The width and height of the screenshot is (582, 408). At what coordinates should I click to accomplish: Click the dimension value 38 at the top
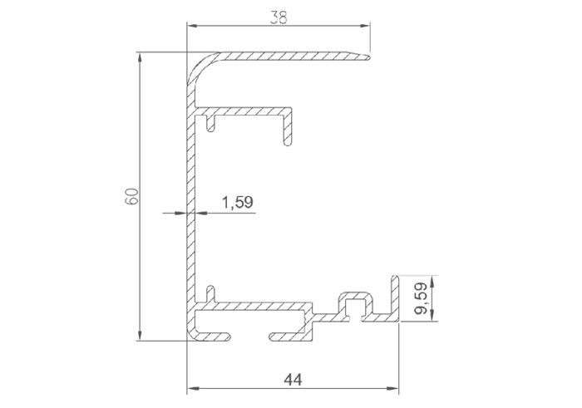tap(279, 17)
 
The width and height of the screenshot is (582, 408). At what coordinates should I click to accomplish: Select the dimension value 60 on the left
tap(131, 196)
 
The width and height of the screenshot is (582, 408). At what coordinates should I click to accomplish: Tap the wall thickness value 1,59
tap(237, 203)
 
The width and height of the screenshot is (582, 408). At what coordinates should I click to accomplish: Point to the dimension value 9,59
tap(422, 298)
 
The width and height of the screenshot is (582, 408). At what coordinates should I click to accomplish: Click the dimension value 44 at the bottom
tap(293, 380)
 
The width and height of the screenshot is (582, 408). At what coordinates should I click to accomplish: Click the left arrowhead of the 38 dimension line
tap(192, 26)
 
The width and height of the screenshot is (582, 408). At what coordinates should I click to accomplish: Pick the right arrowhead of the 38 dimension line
tap(364, 26)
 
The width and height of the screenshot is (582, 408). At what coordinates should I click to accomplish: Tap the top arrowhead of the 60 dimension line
tap(140, 58)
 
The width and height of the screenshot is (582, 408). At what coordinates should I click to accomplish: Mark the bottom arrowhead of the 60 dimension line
tap(140, 335)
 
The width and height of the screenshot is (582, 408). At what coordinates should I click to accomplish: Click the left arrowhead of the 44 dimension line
tap(192, 388)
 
